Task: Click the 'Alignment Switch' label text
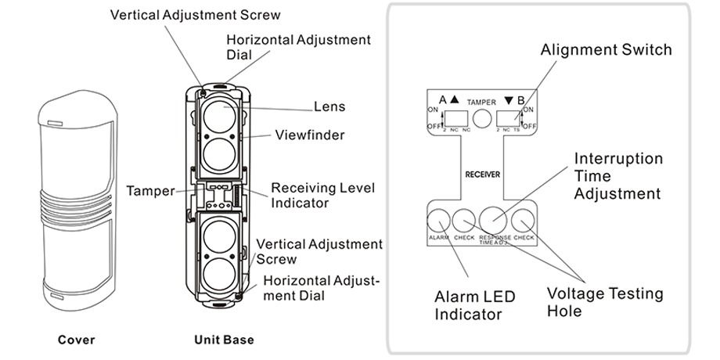[606, 50]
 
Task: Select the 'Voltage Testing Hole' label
[604, 302]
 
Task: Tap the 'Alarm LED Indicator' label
[468, 306]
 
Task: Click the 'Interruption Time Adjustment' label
[617, 176]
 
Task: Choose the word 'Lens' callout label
[329, 106]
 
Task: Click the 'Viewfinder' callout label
[309, 135]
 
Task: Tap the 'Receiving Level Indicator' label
[322, 195]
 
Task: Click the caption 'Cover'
[77, 340]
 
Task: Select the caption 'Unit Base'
[224, 340]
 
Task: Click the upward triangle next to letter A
[455, 100]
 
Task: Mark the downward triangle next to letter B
[509, 100]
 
